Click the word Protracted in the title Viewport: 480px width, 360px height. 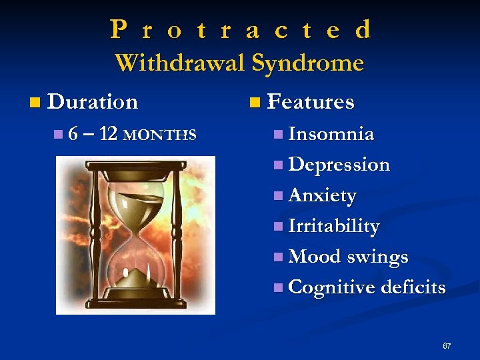click(241, 30)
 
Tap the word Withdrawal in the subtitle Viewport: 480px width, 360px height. click(180, 63)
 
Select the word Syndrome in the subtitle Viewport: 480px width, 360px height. click(307, 64)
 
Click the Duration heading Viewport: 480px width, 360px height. click(93, 102)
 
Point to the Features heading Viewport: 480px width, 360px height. click(310, 102)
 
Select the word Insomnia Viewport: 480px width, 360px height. click(331, 134)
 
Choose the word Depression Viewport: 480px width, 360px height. click(339, 165)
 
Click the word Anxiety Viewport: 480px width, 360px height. click(323, 196)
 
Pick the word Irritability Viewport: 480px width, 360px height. click(334, 227)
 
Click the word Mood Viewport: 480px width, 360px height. click(315, 257)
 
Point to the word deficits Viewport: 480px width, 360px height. click(413, 287)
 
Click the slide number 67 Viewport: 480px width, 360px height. click(447, 346)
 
